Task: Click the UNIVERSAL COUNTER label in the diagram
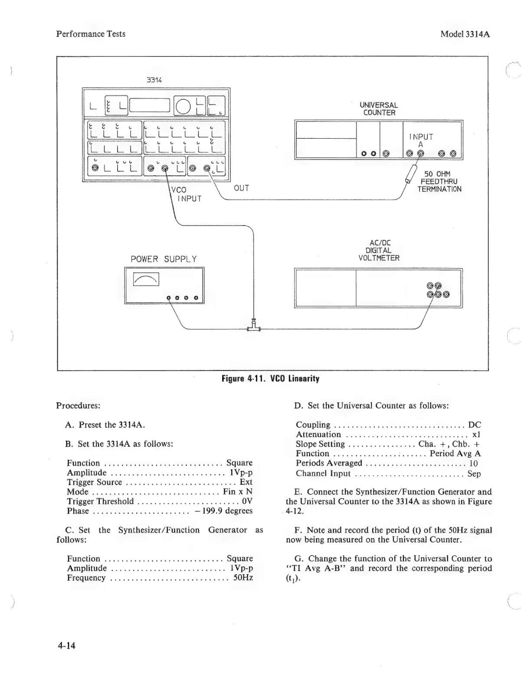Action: pos(378,109)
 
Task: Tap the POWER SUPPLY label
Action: pos(164,259)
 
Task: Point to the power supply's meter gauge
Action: pos(146,280)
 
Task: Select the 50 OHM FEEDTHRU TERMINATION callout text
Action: pos(439,182)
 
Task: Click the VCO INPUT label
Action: pos(186,194)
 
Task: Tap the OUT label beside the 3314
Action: pos(241,188)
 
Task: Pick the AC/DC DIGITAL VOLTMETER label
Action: pos(378,251)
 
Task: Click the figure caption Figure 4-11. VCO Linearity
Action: pos(270,379)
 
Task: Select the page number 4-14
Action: pos(66,646)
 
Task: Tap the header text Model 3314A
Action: pos(465,34)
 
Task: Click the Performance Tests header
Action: pos(91,34)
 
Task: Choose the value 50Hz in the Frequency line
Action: pos(243,578)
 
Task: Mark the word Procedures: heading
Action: pos(78,406)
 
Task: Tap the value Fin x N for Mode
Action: pos(237,492)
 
